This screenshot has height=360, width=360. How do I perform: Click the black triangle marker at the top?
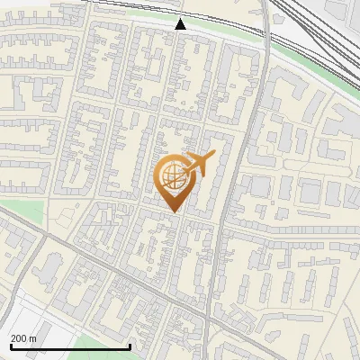(x=181, y=24)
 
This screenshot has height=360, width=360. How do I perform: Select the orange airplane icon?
(x=199, y=165)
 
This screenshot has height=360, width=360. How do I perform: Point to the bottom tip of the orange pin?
(x=174, y=211)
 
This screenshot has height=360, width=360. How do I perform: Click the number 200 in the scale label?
(x=19, y=338)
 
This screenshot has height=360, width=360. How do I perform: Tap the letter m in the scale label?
(x=32, y=338)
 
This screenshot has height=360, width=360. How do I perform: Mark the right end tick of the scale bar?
(x=130, y=346)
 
